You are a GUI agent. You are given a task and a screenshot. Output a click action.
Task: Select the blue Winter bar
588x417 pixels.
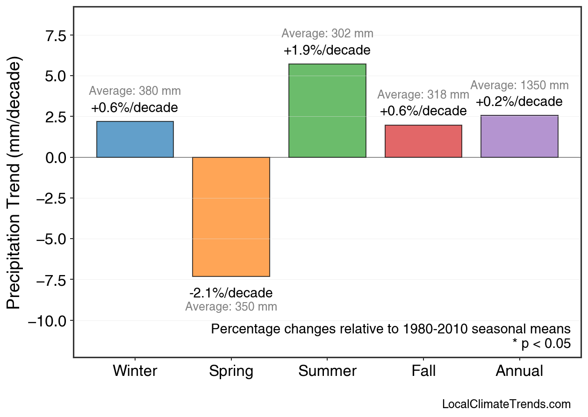(x=135, y=139)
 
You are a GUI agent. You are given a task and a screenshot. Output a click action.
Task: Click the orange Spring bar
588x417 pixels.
(x=231, y=217)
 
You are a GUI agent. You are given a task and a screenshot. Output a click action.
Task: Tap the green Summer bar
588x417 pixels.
(x=327, y=111)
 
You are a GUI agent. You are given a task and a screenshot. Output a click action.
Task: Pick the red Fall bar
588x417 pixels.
(x=423, y=141)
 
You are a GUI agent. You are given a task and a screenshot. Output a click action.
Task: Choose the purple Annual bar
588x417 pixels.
(x=519, y=136)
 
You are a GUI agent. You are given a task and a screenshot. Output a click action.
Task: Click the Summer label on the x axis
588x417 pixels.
(x=327, y=371)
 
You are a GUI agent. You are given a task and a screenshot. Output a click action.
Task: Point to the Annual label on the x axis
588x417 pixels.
(x=519, y=371)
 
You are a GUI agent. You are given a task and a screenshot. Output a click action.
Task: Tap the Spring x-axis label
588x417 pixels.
(x=231, y=371)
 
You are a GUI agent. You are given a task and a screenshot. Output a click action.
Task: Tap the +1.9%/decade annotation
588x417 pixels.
(x=327, y=50)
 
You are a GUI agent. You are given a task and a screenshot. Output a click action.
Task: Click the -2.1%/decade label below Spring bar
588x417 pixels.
(x=231, y=293)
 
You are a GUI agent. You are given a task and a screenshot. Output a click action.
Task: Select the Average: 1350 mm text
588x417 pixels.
(x=519, y=85)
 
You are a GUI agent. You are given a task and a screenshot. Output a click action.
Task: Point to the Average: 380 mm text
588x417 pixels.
(x=135, y=91)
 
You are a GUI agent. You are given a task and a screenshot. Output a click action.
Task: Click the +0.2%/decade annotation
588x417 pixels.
(x=519, y=102)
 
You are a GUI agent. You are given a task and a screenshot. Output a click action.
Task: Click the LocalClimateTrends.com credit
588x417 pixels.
(x=506, y=404)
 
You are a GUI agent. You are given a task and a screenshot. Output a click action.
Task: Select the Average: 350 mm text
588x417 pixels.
(x=231, y=307)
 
